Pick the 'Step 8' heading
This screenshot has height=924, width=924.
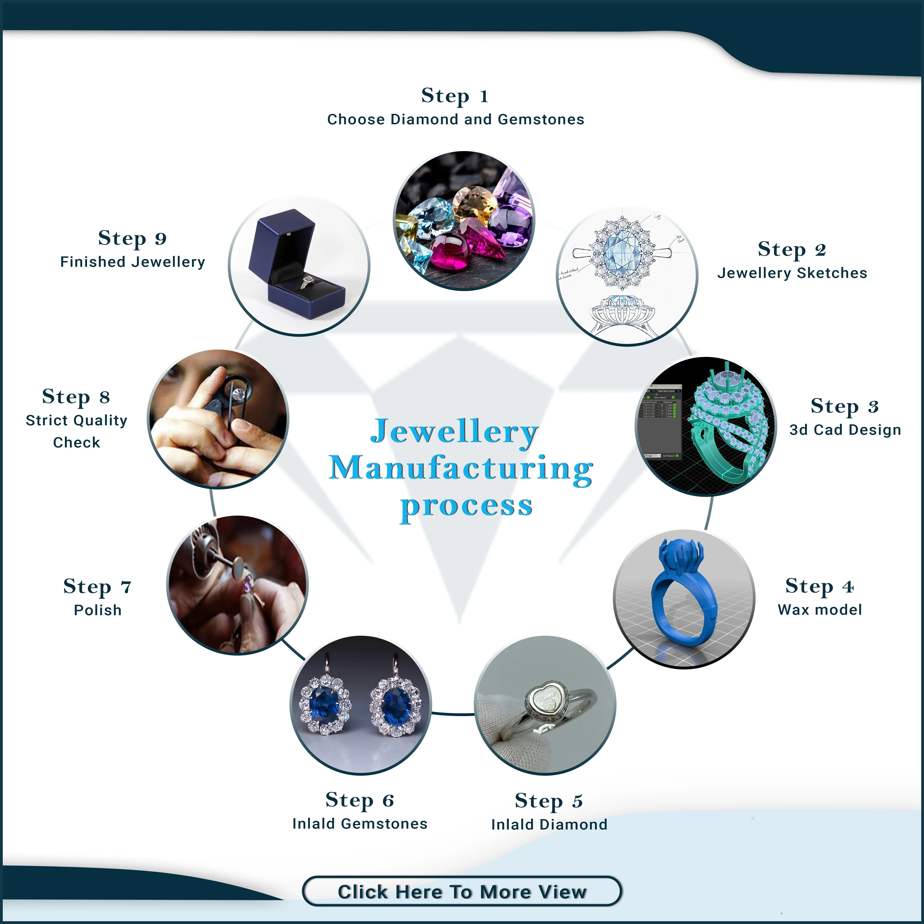pos(76,396)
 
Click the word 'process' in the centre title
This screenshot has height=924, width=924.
pos(466,505)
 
